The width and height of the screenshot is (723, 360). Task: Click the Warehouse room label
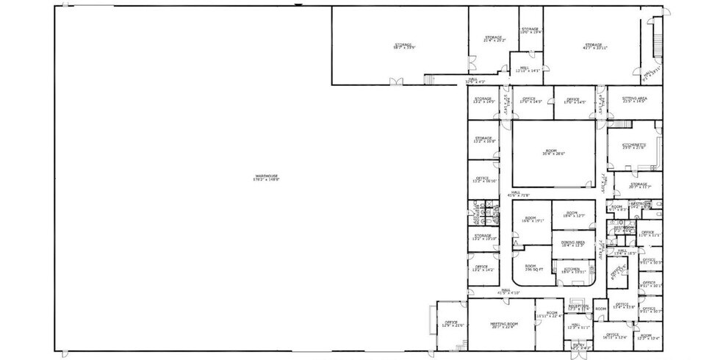[267, 177]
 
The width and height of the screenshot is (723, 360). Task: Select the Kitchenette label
[633, 146]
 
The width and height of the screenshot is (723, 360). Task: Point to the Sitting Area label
[633, 99]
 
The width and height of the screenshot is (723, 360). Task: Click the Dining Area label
[572, 243]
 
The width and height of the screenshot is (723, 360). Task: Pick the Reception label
[579, 306]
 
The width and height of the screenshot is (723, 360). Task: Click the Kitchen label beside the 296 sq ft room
[572, 270]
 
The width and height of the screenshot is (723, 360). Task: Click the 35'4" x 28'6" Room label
[552, 152]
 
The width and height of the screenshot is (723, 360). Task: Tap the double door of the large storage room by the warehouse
[397, 82]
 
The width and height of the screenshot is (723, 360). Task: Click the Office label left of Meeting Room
[450, 323]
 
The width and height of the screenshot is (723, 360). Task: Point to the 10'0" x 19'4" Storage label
[530, 31]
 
